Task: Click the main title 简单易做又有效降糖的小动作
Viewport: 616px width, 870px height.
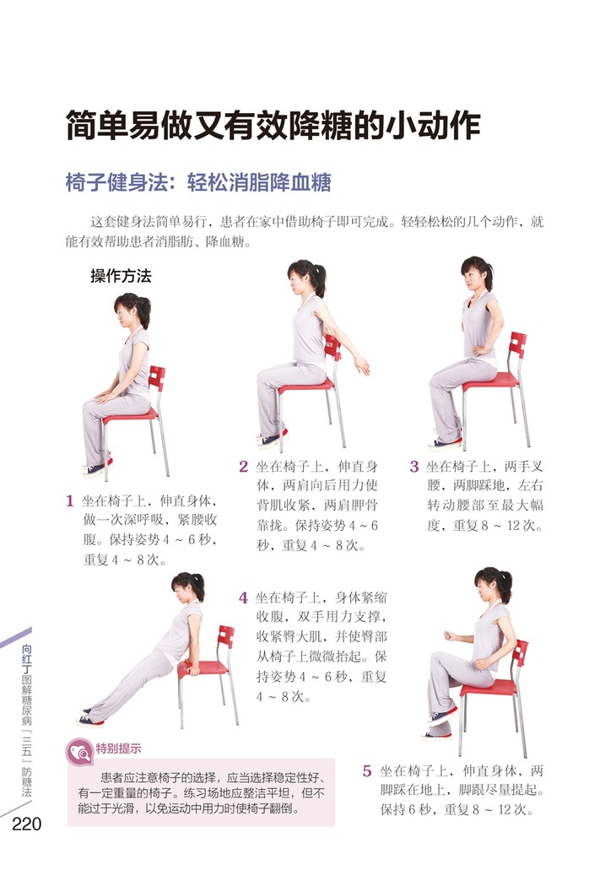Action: tap(273, 126)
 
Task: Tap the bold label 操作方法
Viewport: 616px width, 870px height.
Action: tap(121, 276)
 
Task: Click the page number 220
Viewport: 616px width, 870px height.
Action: tap(27, 824)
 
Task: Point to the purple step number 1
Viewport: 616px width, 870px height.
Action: tap(70, 501)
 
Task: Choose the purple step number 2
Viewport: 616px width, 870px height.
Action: tap(243, 467)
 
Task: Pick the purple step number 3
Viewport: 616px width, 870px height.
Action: tap(414, 467)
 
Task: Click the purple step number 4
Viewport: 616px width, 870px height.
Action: tap(243, 597)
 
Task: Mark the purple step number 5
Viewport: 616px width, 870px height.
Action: tap(367, 770)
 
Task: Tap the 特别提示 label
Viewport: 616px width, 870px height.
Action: tap(118, 748)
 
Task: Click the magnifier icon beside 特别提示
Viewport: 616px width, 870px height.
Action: tap(80, 753)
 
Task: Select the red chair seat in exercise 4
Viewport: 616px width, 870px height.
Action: tap(203, 667)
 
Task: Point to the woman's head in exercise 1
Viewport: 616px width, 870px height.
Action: tap(131, 311)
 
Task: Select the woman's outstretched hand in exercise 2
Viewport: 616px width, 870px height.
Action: tap(362, 365)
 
